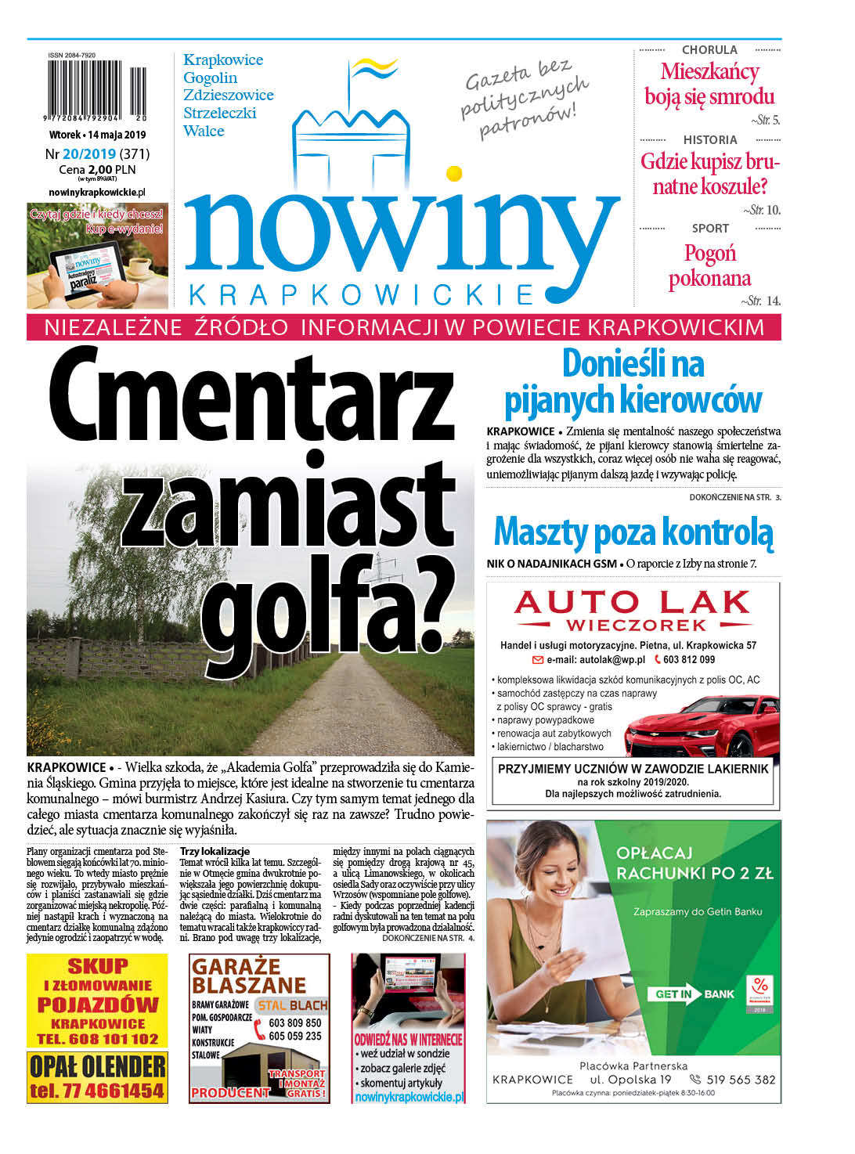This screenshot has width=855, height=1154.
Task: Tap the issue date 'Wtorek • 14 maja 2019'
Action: (x=98, y=135)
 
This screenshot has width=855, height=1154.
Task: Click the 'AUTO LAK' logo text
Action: (x=632, y=604)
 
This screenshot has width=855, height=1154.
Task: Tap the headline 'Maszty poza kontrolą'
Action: (x=633, y=532)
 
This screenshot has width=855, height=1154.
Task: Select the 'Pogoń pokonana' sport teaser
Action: (x=709, y=266)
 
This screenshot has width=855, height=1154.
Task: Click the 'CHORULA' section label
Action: (x=709, y=50)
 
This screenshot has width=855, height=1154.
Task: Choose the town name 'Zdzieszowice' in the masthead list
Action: (x=228, y=96)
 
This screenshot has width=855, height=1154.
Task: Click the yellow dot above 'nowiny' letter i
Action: (x=453, y=173)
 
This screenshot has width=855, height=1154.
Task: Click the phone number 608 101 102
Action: (x=109, y=1039)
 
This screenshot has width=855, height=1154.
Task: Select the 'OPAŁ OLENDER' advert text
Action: (x=97, y=1066)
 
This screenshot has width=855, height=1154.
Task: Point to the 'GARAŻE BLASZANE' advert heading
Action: (x=248, y=975)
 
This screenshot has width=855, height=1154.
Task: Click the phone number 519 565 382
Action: (x=741, y=1080)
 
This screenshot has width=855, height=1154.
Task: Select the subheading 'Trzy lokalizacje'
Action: (x=215, y=851)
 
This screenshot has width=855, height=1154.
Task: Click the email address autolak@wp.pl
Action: (x=596, y=659)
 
